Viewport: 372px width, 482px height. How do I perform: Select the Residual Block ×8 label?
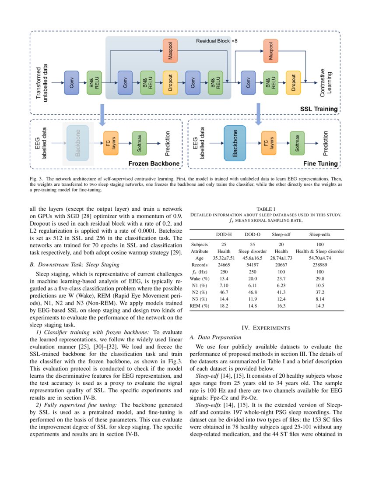[217, 41]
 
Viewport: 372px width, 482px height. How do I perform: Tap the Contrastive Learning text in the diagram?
[326, 82]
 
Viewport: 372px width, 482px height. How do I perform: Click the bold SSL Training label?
[319, 109]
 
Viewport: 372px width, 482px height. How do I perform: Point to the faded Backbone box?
[78, 143]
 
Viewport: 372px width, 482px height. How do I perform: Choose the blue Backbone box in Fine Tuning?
[235, 143]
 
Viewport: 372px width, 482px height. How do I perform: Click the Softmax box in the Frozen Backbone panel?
[139, 143]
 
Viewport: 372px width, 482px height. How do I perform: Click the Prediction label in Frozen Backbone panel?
[168, 143]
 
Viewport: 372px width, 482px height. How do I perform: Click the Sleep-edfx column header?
[319, 234]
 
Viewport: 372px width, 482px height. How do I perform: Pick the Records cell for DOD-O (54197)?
[253, 265]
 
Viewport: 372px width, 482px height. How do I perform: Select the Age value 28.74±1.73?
[281, 258]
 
